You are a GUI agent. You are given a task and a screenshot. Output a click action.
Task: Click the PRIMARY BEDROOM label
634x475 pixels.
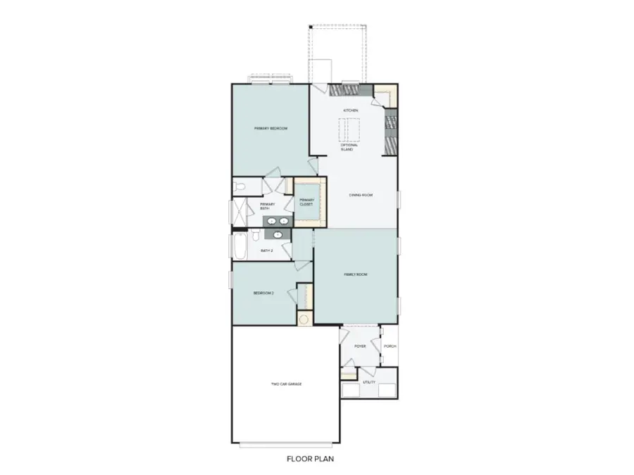271,129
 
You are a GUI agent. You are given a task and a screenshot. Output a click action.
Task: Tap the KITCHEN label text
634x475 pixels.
350,111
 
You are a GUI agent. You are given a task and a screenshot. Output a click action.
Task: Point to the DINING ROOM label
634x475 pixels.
360,195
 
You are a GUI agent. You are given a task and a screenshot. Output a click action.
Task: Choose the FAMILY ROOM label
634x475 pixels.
356,274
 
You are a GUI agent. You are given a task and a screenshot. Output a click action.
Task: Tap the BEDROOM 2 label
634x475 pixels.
263,293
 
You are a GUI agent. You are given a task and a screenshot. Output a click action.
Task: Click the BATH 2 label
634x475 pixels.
267,251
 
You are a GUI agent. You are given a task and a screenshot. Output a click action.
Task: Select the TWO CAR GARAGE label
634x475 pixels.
286,384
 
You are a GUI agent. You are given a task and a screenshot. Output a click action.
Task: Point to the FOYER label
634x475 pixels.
360,346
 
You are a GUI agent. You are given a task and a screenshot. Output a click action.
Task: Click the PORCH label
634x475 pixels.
390,346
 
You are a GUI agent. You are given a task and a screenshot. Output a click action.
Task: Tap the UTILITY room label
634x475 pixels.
369,382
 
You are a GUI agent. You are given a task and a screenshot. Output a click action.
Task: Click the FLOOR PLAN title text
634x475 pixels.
310,460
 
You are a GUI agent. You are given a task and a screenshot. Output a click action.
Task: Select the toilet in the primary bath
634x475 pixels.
240,187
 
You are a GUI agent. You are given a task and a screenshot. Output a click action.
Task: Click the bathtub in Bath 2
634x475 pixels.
239,248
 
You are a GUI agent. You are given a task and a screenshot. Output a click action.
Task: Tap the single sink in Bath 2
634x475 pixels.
279,235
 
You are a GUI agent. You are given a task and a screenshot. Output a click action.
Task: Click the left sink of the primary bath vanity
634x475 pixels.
272,222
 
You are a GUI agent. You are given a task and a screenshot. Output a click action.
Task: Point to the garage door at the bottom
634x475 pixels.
286,445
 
